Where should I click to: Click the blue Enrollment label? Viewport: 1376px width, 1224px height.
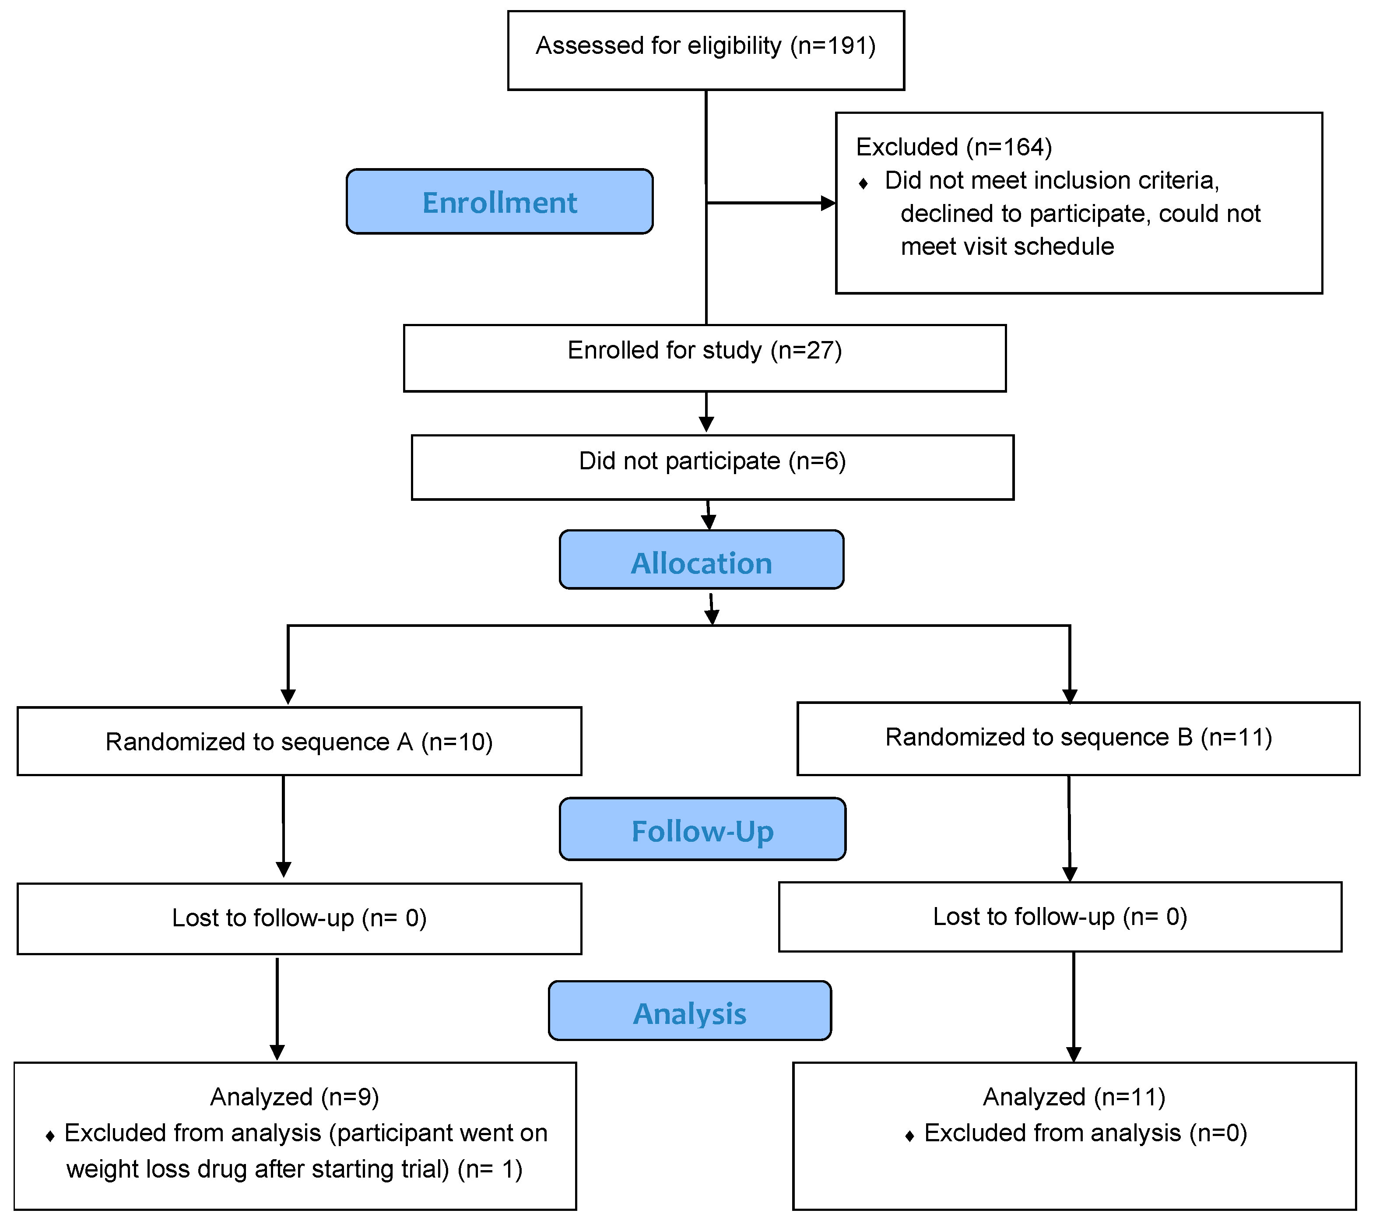point(499,202)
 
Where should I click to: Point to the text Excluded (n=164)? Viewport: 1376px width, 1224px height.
point(953,147)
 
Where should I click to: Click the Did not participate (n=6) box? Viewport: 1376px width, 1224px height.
point(712,467)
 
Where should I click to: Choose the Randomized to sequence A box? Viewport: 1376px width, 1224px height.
point(299,741)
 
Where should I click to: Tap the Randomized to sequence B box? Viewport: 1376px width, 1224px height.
point(1078,738)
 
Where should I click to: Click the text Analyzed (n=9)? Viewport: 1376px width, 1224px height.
point(294,1097)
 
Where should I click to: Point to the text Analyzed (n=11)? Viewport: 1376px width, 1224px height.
point(1074,1097)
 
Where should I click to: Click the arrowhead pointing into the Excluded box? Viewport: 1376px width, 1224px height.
point(828,203)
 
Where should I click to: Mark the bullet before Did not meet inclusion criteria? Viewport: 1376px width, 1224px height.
point(863,183)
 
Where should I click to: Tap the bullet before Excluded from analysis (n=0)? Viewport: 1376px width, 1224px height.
point(909,1136)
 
